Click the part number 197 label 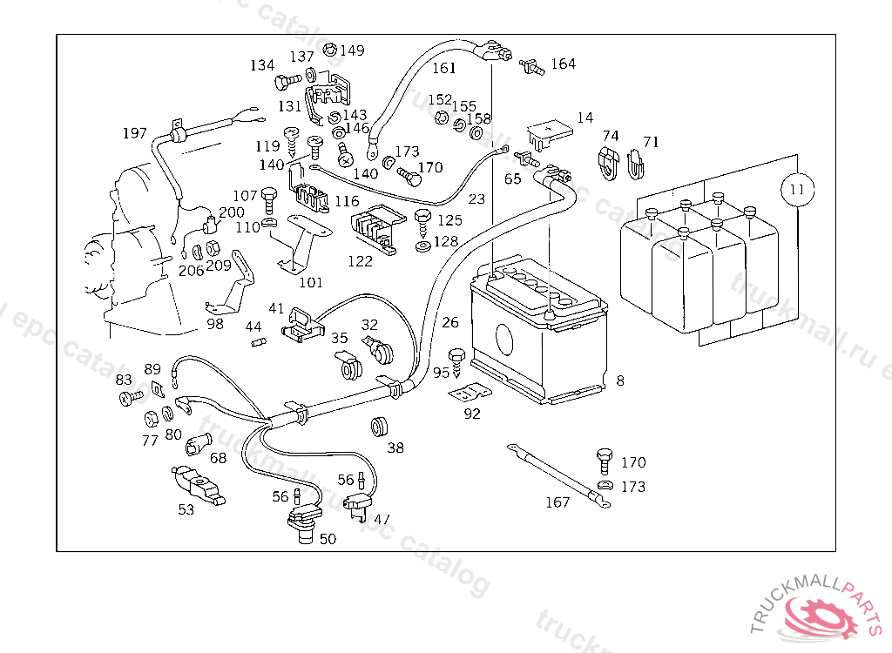pyautogui.click(x=135, y=133)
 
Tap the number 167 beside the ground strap pyautogui.click(x=557, y=502)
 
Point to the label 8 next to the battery pyautogui.click(x=619, y=380)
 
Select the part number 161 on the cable pyautogui.click(x=443, y=68)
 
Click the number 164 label pyautogui.click(x=563, y=64)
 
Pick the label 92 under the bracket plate pyautogui.click(x=472, y=414)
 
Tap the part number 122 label pyautogui.click(x=361, y=259)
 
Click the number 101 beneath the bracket pyautogui.click(x=310, y=282)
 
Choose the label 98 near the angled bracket pyautogui.click(x=215, y=324)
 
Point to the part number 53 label pyautogui.click(x=186, y=509)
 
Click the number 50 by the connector pyautogui.click(x=328, y=539)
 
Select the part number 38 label pyautogui.click(x=395, y=448)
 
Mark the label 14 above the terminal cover pyautogui.click(x=585, y=118)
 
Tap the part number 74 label pyautogui.click(x=611, y=136)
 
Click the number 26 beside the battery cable pyautogui.click(x=449, y=323)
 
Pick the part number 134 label pyautogui.click(x=261, y=65)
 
